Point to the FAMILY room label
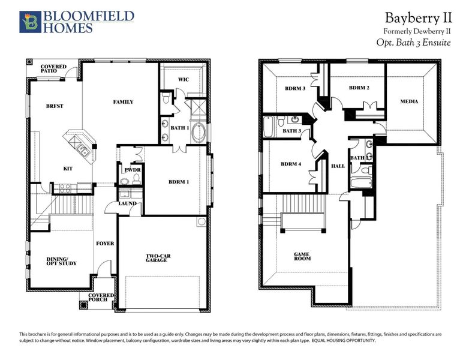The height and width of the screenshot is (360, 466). point(123,102)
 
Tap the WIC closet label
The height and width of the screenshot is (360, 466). point(184,80)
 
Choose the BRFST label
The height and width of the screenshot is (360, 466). point(55,106)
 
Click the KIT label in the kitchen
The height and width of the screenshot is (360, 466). point(68,169)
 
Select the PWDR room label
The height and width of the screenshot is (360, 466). point(132,170)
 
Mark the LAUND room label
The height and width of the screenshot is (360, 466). point(128,203)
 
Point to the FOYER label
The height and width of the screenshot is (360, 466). point(104,243)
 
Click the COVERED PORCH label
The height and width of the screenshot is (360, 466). point(98,297)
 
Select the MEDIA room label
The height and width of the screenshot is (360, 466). point(409,101)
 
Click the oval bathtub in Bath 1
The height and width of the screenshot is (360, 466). point(198,133)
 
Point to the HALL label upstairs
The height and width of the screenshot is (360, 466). point(338,166)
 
